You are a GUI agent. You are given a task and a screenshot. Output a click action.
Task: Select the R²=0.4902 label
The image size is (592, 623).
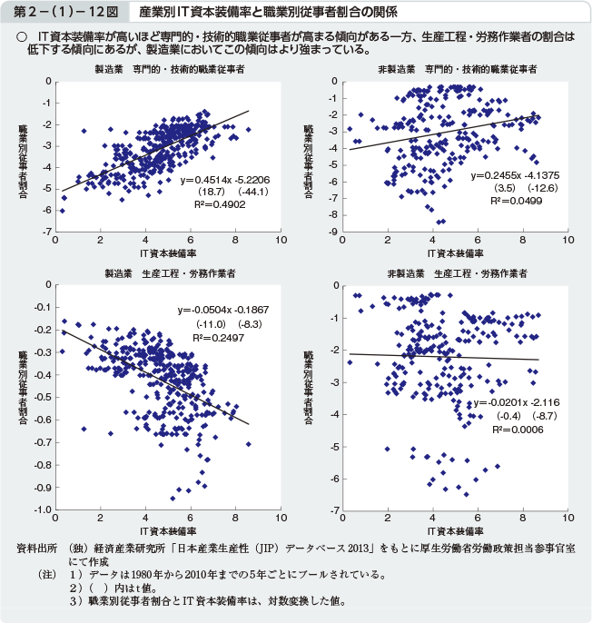pos(206,205)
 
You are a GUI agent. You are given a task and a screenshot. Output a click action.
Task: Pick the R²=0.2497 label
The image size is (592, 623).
pos(215,337)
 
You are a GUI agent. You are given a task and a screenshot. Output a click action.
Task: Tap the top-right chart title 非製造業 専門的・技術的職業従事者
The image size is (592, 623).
pos(456,69)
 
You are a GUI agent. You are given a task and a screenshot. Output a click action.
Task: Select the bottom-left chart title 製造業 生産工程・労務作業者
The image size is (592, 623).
pos(170,272)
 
